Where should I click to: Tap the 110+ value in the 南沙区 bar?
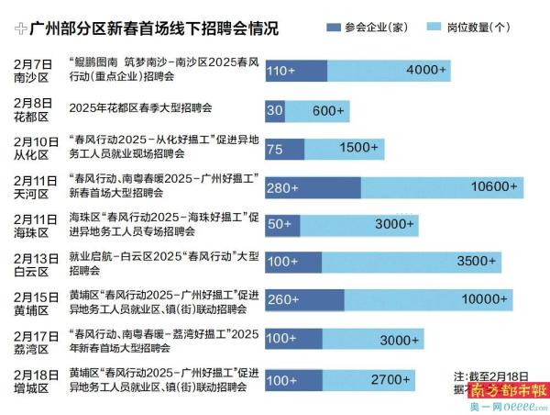[x=281, y=71]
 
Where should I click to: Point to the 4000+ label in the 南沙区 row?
[x=427, y=71]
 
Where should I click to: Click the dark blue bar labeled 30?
[x=275, y=111]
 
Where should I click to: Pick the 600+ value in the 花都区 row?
[x=328, y=111]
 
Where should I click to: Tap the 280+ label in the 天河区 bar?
[x=283, y=188]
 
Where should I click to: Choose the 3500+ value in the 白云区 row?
[x=477, y=262]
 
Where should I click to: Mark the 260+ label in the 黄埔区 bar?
[x=283, y=299]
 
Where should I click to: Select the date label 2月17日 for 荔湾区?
[x=38, y=335]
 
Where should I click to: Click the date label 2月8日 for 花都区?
[x=35, y=103]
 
